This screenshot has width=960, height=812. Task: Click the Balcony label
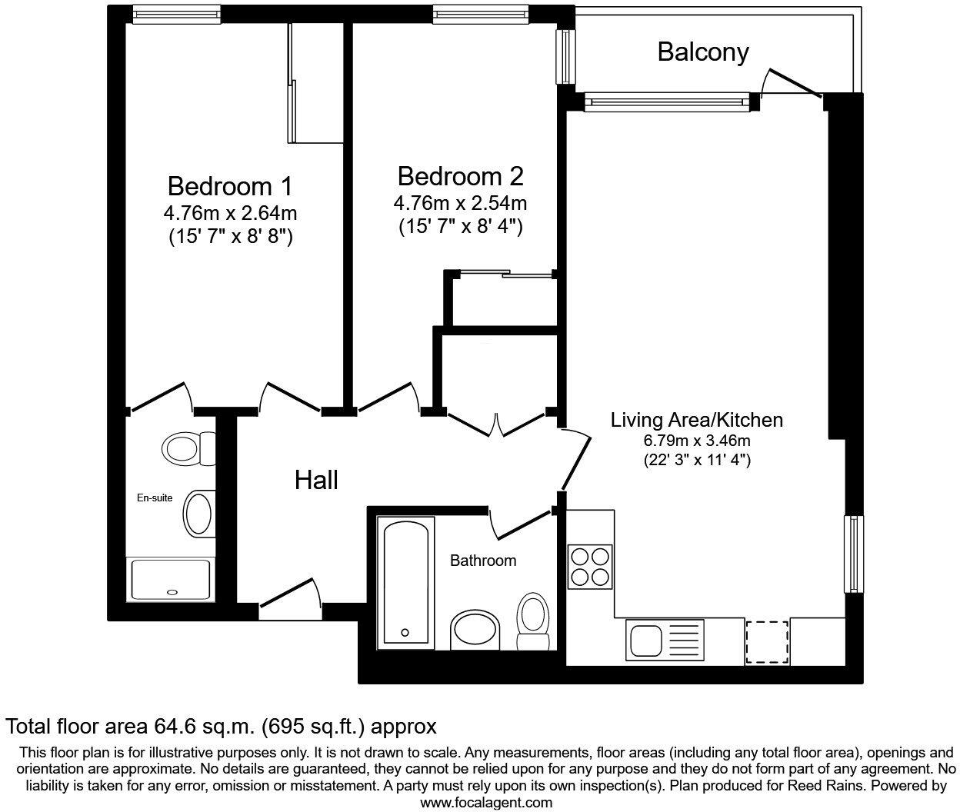click(x=702, y=52)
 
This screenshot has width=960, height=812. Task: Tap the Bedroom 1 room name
click(x=229, y=186)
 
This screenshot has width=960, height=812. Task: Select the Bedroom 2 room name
click(x=460, y=176)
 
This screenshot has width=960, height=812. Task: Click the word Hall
click(x=316, y=481)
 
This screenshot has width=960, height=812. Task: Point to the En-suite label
click(x=155, y=498)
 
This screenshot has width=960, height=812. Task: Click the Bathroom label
click(x=483, y=561)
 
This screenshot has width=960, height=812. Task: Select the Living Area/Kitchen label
click(x=696, y=420)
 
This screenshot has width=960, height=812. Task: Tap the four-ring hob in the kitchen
click(x=590, y=566)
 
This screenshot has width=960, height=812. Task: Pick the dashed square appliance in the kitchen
click(x=767, y=642)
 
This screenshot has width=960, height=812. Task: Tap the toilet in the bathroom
click(x=532, y=622)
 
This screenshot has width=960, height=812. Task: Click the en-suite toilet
click(x=188, y=448)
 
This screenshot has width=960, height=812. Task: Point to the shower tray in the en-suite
click(x=171, y=580)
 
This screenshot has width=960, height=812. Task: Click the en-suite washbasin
click(x=200, y=510)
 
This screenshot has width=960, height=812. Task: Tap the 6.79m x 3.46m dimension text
click(x=696, y=441)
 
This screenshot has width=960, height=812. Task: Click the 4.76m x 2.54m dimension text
click(x=460, y=204)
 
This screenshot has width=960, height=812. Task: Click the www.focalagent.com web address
click(x=486, y=803)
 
